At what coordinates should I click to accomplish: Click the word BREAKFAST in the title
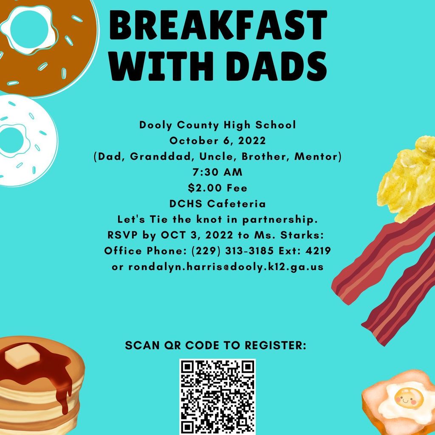tap(218, 25)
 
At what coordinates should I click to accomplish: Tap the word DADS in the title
tap(277, 66)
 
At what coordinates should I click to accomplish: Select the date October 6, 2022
tap(217, 141)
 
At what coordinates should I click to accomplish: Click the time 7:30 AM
tap(217, 172)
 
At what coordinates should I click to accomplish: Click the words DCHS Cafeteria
tap(217, 204)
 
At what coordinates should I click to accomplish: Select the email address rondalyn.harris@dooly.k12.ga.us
tap(217, 267)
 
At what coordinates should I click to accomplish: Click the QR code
tap(217, 397)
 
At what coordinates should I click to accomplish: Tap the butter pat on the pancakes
tap(22, 356)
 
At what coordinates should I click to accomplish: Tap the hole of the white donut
tap(11, 140)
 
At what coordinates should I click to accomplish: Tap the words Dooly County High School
tap(217, 125)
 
